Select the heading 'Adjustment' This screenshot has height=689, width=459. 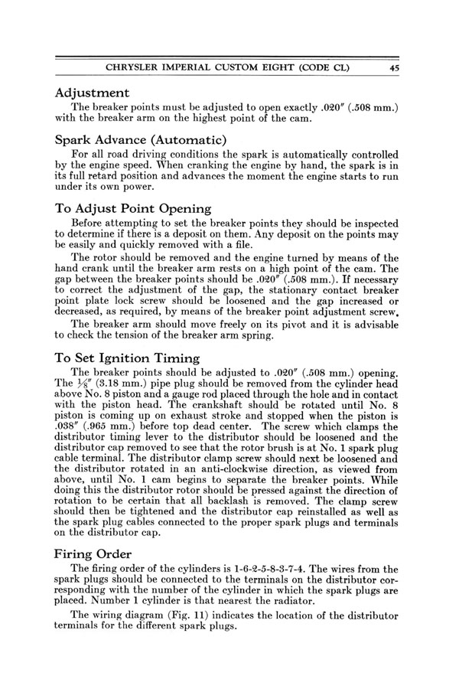[98, 92]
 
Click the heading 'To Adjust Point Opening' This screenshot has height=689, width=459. [133, 207]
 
